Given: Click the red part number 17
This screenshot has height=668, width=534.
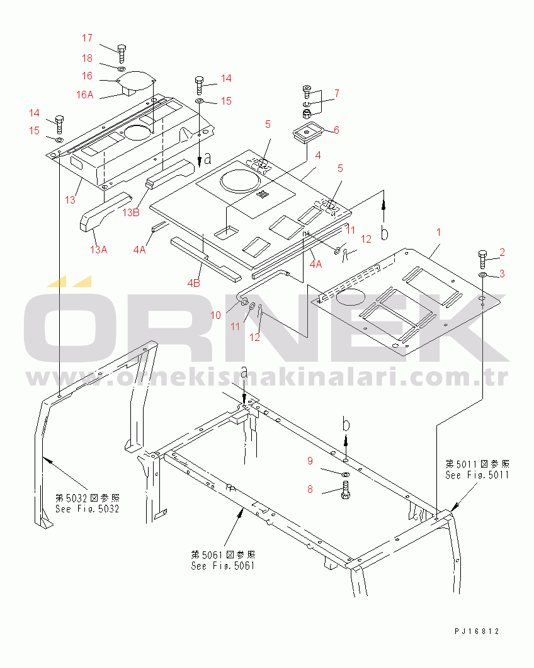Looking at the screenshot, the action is coord(88,38).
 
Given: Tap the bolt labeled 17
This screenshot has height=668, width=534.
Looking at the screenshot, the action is coord(121,54).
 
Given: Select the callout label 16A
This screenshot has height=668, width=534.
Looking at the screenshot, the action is coord(85,95).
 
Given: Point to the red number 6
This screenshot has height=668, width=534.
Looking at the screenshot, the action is coord(336,130).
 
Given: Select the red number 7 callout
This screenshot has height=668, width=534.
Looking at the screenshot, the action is coord(337,93).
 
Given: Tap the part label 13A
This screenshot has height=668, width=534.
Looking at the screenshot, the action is coord(99,250).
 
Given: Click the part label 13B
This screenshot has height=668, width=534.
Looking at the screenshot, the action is coord(131,212).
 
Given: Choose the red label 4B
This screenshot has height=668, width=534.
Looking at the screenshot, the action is coord(194,283).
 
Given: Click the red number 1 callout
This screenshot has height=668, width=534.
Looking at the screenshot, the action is coord(439,232).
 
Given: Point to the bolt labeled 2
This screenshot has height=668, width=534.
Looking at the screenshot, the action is coord(482,259).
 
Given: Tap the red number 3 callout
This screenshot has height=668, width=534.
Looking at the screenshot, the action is coord(502,274).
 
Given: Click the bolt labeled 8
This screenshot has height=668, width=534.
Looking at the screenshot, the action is coord(345,490).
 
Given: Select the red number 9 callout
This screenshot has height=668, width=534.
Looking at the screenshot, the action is coord(310,461).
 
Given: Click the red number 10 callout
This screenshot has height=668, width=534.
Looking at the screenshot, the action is coord(216,315).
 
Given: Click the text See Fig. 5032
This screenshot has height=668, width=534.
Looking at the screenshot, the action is coord(88,509).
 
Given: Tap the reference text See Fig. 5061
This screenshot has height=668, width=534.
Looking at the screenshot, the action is coord(223,566).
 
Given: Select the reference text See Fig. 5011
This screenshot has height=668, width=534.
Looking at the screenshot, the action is coord(477,475).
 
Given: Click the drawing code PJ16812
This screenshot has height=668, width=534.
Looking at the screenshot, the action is coord(477,631).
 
